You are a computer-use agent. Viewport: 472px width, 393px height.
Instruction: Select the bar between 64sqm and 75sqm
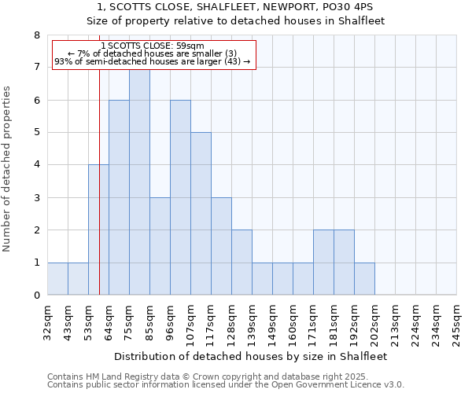pos(119,197)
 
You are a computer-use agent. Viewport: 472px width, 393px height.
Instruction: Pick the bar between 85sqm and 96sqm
pos(160,246)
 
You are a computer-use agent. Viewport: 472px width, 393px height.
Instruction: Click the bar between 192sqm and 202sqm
pos(364,279)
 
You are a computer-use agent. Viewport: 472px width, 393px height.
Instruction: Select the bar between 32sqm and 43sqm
pos(57,279)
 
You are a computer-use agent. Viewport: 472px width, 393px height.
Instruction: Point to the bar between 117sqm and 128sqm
pos(221,246)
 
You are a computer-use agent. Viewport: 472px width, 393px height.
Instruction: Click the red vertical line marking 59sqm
pos(99,196)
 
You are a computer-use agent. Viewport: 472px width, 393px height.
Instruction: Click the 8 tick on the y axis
pos(36,35)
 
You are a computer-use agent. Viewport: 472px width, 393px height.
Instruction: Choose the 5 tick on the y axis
pos(36,133)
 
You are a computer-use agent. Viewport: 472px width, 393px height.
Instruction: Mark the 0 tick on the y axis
pos(36,296)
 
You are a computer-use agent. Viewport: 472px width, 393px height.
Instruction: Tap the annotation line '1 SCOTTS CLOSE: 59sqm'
pos(153,46)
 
